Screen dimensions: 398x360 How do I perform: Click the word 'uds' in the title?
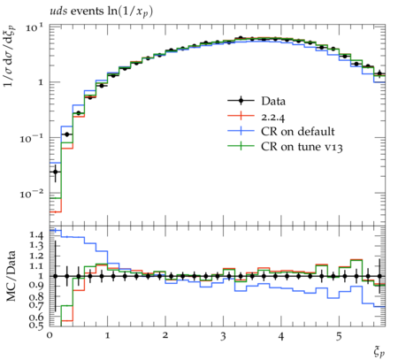58,11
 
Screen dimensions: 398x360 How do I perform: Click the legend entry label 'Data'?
273,101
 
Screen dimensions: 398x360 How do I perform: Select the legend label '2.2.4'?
273,118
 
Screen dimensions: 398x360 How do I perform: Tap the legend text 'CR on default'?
298,132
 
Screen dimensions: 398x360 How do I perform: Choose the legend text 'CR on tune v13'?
302,147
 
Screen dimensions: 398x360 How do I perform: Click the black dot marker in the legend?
241,101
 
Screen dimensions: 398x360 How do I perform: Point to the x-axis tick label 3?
223,336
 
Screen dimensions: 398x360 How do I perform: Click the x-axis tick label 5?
339,336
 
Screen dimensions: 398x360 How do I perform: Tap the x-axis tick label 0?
50,336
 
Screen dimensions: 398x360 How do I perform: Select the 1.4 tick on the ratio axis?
36,235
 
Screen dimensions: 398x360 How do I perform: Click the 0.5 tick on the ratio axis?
36,326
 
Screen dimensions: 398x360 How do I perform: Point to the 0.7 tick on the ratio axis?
36,305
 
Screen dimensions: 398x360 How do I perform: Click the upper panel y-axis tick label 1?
41,82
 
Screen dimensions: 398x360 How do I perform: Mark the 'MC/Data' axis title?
11,276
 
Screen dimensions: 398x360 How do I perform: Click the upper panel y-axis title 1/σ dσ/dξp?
11,55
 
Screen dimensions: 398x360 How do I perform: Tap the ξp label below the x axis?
379,351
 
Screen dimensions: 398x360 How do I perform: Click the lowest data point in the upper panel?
55,172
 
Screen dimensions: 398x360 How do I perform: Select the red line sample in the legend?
241,116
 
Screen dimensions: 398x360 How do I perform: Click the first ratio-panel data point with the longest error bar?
55,276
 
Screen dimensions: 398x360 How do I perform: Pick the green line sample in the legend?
241,146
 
